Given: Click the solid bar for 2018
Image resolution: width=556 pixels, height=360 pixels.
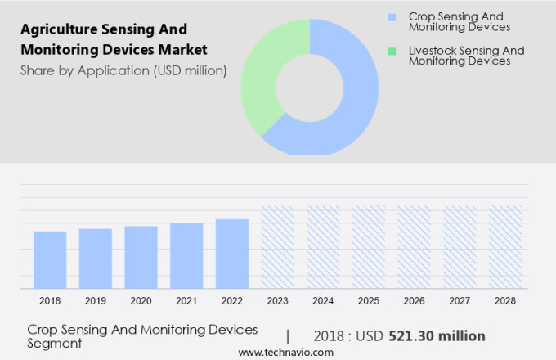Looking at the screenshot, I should click(x=50, y=259).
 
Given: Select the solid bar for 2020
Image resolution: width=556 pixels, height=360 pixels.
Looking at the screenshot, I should click(x=141, y=257).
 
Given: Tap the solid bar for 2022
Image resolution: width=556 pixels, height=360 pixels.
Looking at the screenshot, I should click(x=232, y=253).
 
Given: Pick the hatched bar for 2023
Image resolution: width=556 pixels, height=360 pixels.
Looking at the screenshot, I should click(x=277, y=246).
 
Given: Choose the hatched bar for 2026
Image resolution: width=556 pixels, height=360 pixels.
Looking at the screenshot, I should click(x=414, y=246).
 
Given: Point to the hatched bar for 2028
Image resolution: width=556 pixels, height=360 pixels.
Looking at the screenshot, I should click(x=505, y=246).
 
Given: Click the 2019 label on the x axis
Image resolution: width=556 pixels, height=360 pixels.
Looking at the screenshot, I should click(x=96, y=301).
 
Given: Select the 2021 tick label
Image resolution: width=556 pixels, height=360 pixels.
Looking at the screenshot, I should click(x=186, y=301).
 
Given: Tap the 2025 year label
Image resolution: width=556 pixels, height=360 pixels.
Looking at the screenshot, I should click(x=369, y=301).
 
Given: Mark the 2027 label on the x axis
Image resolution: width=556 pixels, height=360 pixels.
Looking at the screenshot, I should click(x=460, y=301).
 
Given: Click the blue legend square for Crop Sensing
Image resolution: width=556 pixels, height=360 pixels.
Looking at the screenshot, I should click(x=392, y=17).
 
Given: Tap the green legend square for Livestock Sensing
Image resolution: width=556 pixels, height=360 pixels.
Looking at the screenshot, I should click(x=392, y=52).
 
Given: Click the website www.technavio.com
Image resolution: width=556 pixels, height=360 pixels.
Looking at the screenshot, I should click(x=285, y=352).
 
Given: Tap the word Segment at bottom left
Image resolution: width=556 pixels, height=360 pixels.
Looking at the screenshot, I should click(x=55, y=344).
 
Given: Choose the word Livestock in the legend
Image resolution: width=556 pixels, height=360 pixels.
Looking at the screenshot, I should click(x=433, y=51).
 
